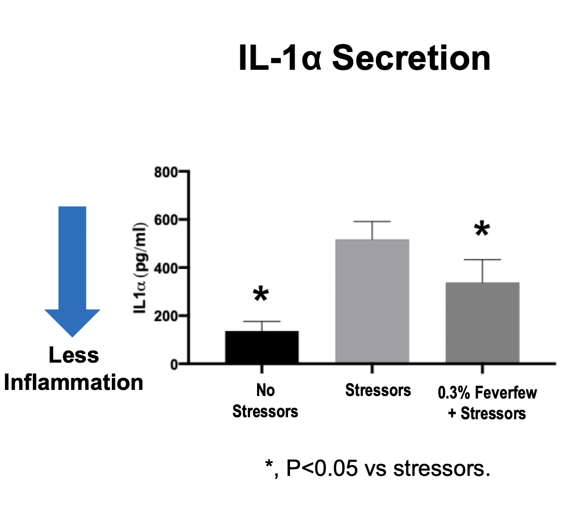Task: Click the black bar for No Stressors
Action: [262, 347]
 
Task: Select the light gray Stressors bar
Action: [372, 301]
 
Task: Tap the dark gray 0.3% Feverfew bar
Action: [482, 323]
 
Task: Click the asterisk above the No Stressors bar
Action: [260, 295]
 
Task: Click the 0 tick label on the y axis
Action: [174, 364]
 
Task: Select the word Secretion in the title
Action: [411, 59]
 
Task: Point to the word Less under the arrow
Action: [73, 356]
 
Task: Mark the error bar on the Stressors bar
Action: [372, 230]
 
